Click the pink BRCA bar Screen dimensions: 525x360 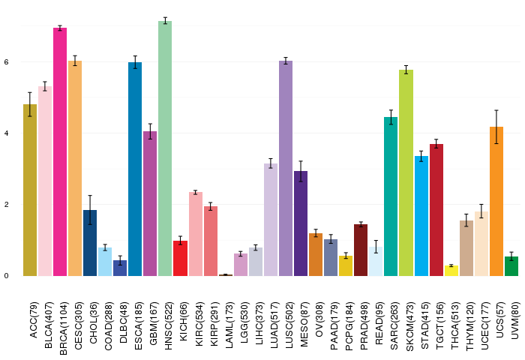60,152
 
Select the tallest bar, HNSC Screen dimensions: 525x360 165,148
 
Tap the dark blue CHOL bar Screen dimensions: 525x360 90,243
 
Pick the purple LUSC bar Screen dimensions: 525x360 286,169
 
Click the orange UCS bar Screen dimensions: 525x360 496,202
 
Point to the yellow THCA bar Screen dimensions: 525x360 451,271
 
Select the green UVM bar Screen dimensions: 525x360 511,266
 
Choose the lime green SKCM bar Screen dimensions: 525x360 406,173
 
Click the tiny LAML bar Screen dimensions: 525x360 225,275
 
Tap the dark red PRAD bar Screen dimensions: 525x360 361,250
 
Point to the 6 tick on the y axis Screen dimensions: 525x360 6,62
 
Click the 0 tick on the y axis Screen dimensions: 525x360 6,276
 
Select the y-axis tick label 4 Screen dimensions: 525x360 6,133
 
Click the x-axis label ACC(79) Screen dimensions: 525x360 34,320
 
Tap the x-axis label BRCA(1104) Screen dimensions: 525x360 63,328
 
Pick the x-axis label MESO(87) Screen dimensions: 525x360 304,325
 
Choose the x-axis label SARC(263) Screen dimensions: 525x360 394,326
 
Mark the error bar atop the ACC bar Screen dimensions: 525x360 30,104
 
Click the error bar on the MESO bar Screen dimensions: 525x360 301,172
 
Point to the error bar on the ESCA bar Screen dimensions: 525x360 135,62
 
